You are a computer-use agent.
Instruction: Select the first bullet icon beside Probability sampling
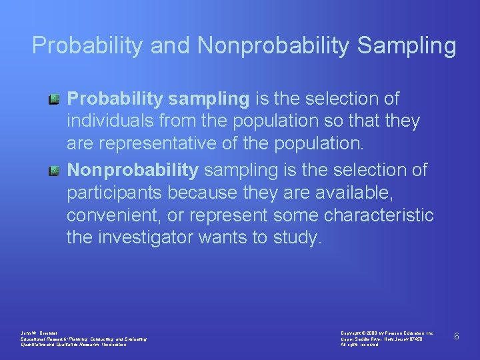54,99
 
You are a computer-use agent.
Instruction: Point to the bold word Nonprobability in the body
133,170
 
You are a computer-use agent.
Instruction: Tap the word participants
114,193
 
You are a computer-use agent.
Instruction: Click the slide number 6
457,336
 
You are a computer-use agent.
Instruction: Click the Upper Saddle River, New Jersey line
381,339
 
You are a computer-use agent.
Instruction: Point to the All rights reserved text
359,345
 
